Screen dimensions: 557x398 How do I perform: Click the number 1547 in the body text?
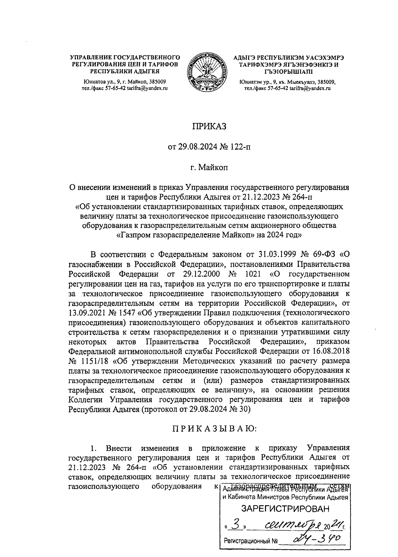point(127,312)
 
